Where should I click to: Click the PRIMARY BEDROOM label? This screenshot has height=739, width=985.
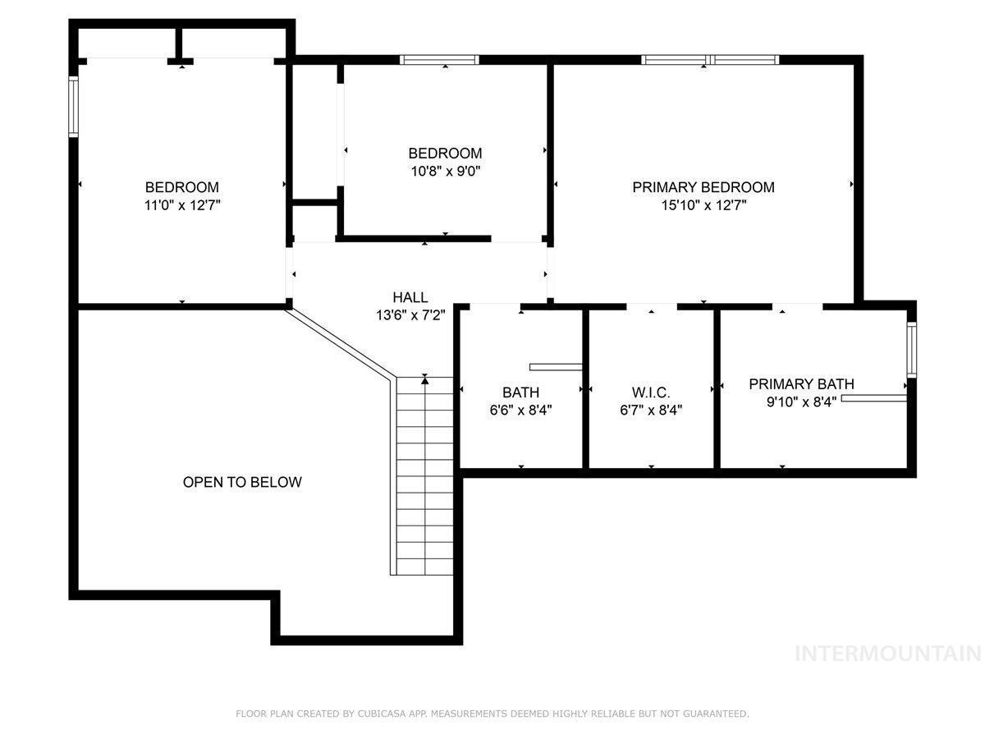click(x=703, y=187)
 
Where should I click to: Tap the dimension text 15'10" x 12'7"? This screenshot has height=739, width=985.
click(x=703, y=205)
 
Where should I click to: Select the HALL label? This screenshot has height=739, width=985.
click(x=410, y=297)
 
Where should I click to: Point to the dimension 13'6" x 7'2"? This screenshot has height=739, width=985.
click(x=410, y=315)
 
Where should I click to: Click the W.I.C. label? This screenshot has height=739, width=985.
click(x=651, y=392)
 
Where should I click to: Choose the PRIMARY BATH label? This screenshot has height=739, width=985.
click(x=801, y=384)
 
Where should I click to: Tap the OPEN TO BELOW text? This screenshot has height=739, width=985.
click(x=242, y=482)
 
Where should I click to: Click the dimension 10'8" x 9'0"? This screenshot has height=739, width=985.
click(x=445, y=171)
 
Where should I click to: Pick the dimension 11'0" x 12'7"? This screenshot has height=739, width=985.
click(x=182, y=205)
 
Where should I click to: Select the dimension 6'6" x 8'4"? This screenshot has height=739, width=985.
click(x=520, y=410)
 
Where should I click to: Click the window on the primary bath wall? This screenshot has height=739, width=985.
click(x=911, y=350)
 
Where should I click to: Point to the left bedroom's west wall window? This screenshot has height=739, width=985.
click(x=73, y=107)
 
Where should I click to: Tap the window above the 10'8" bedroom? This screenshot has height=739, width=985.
click(x=439, y=60)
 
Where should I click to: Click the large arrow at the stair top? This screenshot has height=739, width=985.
click(x=424, y=380)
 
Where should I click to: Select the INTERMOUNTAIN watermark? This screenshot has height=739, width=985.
click(x=888, y=654)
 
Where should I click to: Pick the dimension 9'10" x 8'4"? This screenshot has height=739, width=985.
click(x=801, y=402)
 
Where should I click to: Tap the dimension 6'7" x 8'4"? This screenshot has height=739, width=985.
click(x=651, y=410)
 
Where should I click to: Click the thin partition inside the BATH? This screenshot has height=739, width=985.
click(x=556, y=367)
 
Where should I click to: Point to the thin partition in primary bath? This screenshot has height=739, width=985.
click(x=873, y=398)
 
